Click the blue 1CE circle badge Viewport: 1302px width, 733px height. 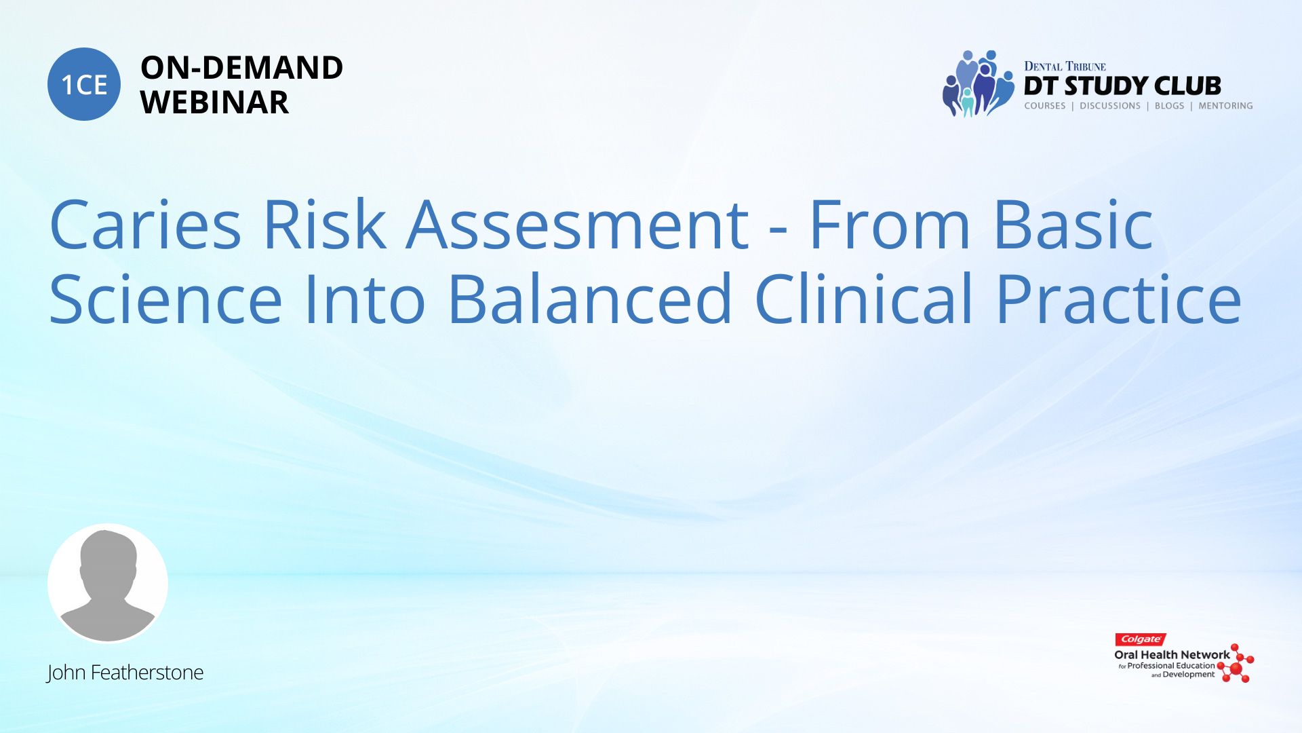coord(84,84)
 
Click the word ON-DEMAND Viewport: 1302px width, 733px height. coord(241,68)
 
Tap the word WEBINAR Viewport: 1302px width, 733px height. coord(214,102)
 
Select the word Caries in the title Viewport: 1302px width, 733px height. coord(145,224)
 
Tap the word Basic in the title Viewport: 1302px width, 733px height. coord(1073,224)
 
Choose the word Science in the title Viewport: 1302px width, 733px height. coord(165,299)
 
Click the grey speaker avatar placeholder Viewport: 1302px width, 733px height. coord(108,584)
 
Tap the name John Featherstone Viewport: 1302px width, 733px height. coord(125,673)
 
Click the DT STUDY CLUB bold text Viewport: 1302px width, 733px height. coord(1122,86)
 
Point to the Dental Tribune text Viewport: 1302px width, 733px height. coord(1065,67)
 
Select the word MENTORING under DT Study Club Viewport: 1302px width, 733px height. coord(1225,106)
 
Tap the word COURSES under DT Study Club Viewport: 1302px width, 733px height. coord(1044,106)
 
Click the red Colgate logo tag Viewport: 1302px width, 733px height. coord(1141,639)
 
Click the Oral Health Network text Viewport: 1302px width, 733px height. coord(1172,655)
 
